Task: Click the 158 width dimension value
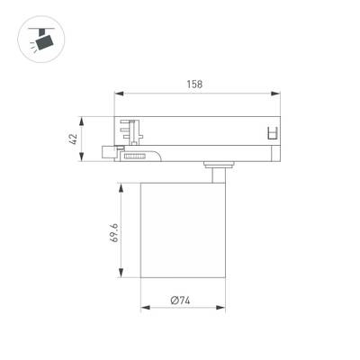(195, 85)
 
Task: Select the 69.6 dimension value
(114, 234)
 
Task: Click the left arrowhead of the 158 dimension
(118, 93)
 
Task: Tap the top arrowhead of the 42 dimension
(83, 118)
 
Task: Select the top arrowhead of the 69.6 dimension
(122, 185)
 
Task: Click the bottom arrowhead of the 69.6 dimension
(122, 274)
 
